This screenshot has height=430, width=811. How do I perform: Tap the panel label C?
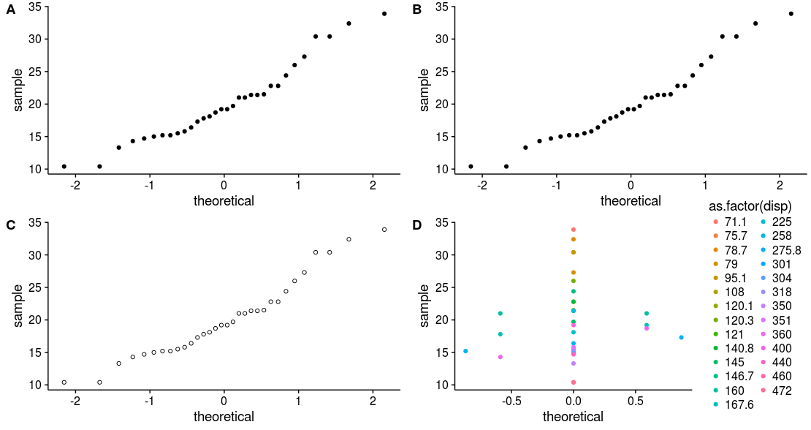coord(10,225)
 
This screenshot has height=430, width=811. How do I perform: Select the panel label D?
coord(417,225)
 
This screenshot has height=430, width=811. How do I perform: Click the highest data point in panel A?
coord(384,14)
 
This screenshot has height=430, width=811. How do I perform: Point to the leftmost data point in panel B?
coord(471,167)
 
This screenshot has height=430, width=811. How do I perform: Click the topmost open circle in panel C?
coord(384,230)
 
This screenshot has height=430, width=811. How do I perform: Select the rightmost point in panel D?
coord(681,337)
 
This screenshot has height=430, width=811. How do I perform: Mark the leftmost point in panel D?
coord(465,351)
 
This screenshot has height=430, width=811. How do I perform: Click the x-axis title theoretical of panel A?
coord(224,200)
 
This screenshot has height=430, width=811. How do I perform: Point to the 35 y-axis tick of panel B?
coord(440,7)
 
